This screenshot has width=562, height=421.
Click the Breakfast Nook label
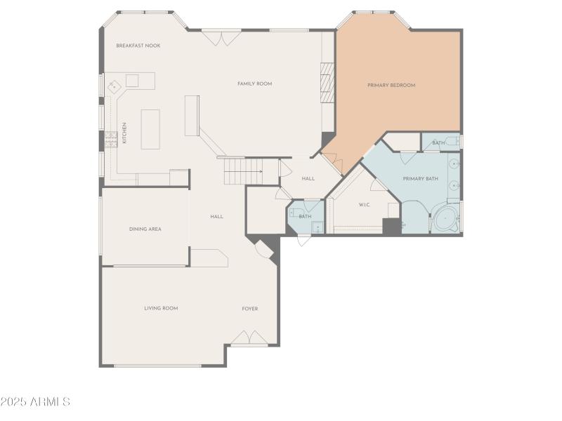click(138, 46)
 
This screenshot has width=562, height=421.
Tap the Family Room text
click(254, 83)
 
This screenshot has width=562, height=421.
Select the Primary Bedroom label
click(391, 85)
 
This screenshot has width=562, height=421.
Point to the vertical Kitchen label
click(125, 133)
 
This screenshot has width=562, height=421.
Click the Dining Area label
click(145, 229)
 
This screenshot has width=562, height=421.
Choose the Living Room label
click(161, 308)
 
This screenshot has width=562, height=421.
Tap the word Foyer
click(250, 308)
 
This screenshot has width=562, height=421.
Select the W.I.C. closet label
click(365, 205)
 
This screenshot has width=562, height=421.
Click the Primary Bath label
click(420, 179)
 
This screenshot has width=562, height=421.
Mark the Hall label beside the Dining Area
click(217, 216)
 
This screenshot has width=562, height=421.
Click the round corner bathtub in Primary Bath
click(446, 219)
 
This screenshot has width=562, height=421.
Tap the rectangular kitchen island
click(150, 129)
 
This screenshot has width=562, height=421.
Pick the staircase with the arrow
click(242, 171)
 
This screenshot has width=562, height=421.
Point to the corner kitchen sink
click(115, 81)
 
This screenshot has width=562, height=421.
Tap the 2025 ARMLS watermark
click(35, 402)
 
